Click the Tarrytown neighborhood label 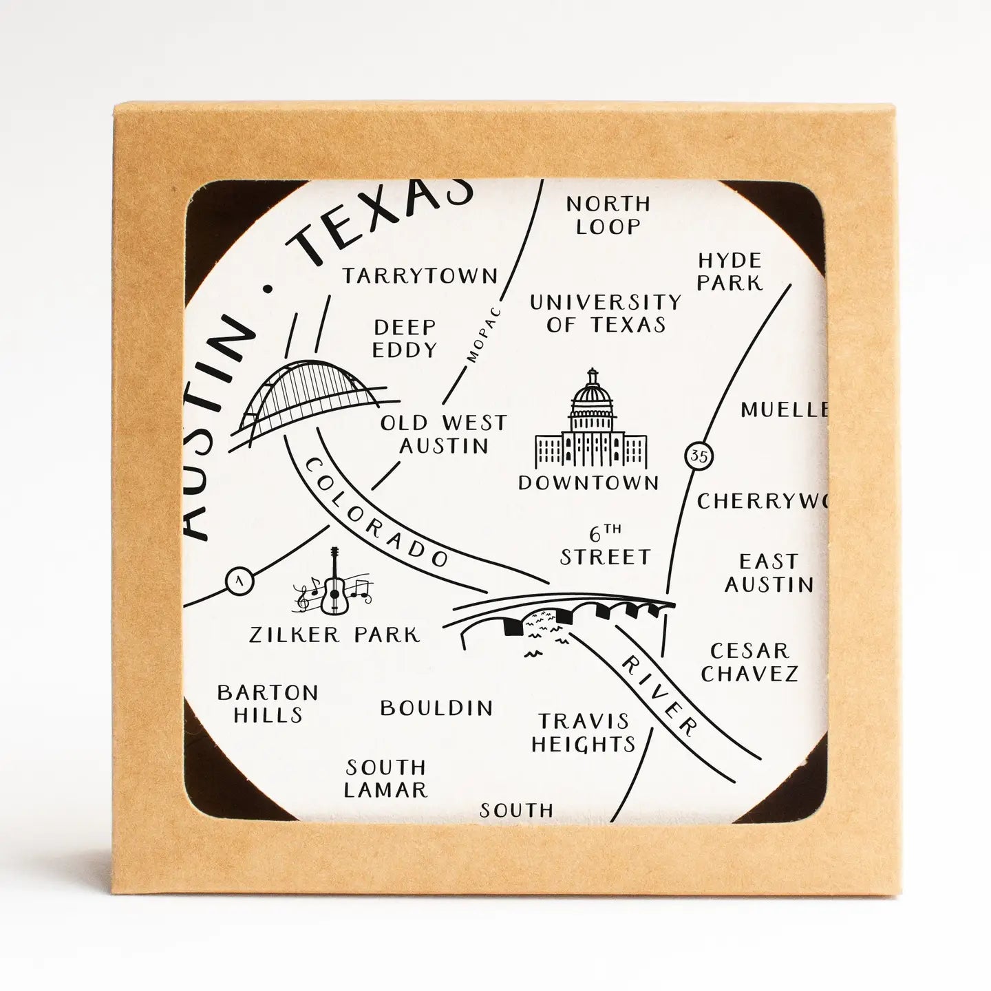[420, 276]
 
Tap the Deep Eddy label [405, 338]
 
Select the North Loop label [608, 215]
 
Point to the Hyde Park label [730, 271]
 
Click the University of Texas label [606, 313]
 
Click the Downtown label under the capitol [588, 482]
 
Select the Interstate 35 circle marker [699, 455]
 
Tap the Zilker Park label [334, 635]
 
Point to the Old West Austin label [444, 434]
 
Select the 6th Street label [605, 547]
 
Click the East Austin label [769, 573]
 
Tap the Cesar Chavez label [749, 661]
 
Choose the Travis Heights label [584, 732]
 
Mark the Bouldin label [437, 707]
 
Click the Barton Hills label [268, 703]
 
